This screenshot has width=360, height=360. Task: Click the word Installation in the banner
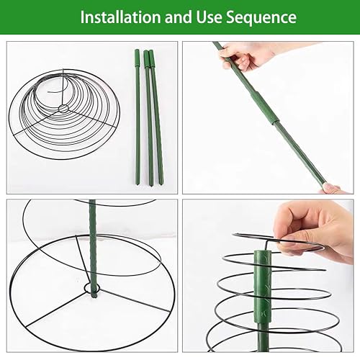[120, 17]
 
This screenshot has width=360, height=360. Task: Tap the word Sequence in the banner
[261, 18]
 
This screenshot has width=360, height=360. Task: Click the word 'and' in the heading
[178, 17]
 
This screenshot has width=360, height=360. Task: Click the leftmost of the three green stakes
[138, 117]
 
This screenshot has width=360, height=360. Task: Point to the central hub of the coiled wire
[63, 109]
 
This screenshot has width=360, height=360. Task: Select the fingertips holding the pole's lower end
[333, 189]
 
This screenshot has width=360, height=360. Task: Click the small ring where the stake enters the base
[91, 288]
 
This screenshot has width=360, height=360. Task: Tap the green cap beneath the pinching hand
[263, 287]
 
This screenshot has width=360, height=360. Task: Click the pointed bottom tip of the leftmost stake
[138, 184]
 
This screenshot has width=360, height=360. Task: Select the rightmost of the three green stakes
[156, 117]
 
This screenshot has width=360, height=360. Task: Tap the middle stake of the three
[148, 117]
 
